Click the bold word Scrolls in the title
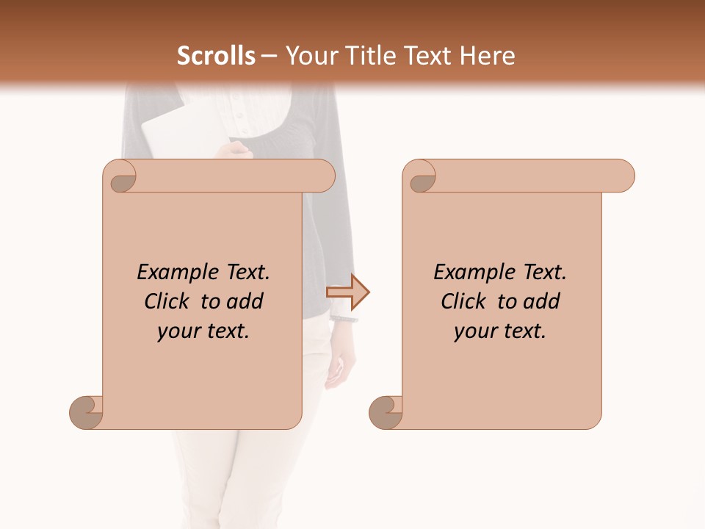[x=216, y=56]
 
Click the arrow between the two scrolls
[x=347, y=292]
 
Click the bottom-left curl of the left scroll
[x=87, y=412]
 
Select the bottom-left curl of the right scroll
[x=386, y=412]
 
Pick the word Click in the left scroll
[x=168, y=301]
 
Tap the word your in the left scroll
[x=177, y=331]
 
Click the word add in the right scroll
[x=542, y=301]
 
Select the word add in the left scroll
[x=245, y=301]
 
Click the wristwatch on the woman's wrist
[x=344, y=319]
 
